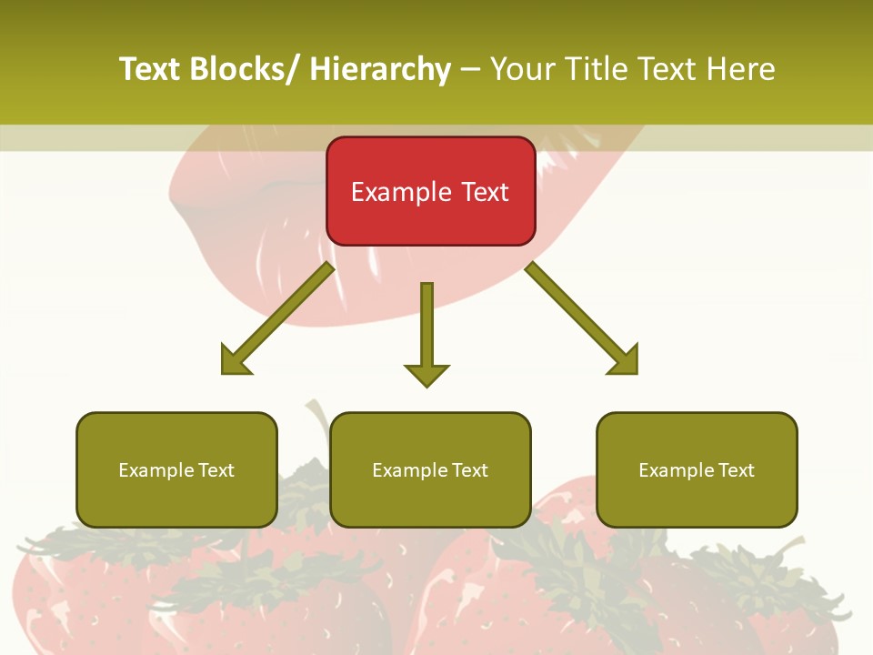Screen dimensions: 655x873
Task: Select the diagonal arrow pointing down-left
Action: click(277, 318)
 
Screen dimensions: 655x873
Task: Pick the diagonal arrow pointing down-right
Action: click(582, 318)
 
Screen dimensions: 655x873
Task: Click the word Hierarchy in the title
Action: click(380, 69)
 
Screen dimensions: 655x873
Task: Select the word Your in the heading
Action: click(521, 69)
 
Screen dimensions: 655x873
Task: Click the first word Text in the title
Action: click(149, 69)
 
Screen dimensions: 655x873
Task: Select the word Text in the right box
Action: click(735, 470)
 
